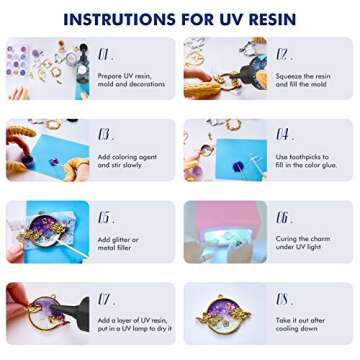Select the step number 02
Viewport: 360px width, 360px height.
(283, 54)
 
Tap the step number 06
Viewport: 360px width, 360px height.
(283, 217)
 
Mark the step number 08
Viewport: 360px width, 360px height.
(283, 298)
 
